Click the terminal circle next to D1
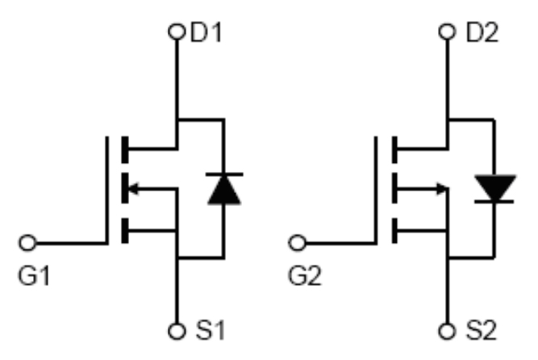pyautogui.click(x=177, y=33)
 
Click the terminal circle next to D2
pyautogui.click(x=447, y=33)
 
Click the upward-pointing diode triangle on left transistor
pyautogui.click(x=223, y=189)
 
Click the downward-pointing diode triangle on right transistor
pyautogui.click(x=493, y=187)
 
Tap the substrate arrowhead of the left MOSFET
pyautogui.click(x=134, y=190)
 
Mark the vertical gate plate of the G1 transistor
pyautogui.click(x=106, y=190)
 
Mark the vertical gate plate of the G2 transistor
pyautogui.click(x=377, y=190)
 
